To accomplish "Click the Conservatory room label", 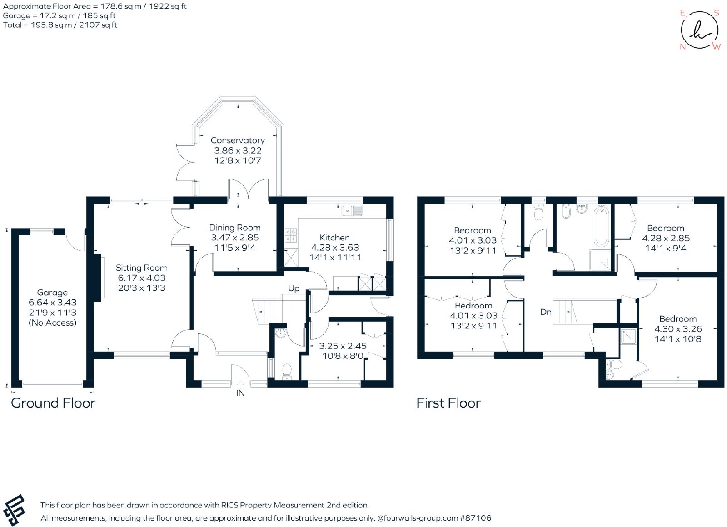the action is [238, 140].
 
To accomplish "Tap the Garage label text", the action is [52, 293].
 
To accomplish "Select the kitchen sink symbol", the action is [352, 211].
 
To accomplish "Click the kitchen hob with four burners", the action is [290, 236].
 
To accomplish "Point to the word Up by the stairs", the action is [294, 288].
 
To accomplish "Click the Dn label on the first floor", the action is [546, 312].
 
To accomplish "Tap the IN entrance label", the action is [240, 393].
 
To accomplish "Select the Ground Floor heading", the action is [53, 403].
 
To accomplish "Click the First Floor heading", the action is [448, 403].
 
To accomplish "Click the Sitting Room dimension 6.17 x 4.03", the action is [141, 278].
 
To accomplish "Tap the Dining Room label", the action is [234, 228].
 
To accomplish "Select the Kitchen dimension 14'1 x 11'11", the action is [335, 258].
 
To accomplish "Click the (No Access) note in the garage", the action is [52, 323].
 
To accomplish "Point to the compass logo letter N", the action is [682, 47].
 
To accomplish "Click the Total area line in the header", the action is [60, 25].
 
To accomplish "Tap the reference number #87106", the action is [476, 518].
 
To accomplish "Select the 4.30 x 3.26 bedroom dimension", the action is [677, 329].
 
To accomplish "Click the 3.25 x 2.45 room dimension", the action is [343, 346].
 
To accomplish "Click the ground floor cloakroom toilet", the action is [287, 372].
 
